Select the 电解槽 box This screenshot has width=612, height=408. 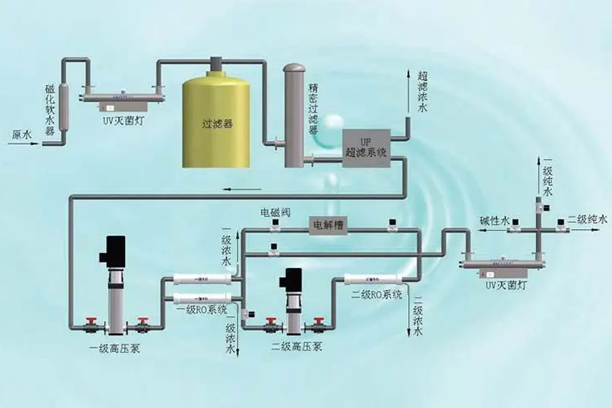click(x=328, y=224)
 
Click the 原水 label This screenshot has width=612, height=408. click(x=22, y=135)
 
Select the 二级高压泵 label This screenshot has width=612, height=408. click(x=296, y=347)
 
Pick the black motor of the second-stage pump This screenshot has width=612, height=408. click(x=294, y=279)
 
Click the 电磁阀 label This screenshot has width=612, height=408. click(x=275, y=213)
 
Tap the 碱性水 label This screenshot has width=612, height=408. click(x=494, y=220)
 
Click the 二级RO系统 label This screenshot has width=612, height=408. click(x=377, y=294)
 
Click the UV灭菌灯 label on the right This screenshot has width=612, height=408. click(x=504, y=284)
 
